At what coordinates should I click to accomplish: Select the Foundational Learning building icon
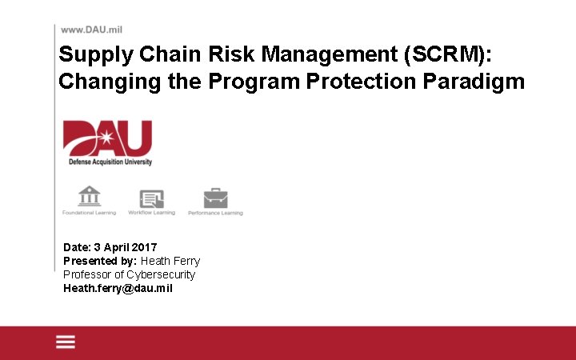pos(89,196)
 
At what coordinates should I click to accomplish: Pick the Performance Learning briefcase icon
pos(215,198)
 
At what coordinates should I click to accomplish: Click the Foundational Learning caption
pos(89,213)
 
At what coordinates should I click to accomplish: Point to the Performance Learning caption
pos(215,214)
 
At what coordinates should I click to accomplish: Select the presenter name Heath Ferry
pos(170,261)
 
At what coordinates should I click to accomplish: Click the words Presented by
pos(100,261)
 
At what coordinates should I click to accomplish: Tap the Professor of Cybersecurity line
pos(129,274)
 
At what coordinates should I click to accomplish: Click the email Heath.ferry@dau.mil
pos(118,288)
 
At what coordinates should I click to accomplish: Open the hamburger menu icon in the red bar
pos(66,342)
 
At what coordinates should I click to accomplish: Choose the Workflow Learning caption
pos(151,213)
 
